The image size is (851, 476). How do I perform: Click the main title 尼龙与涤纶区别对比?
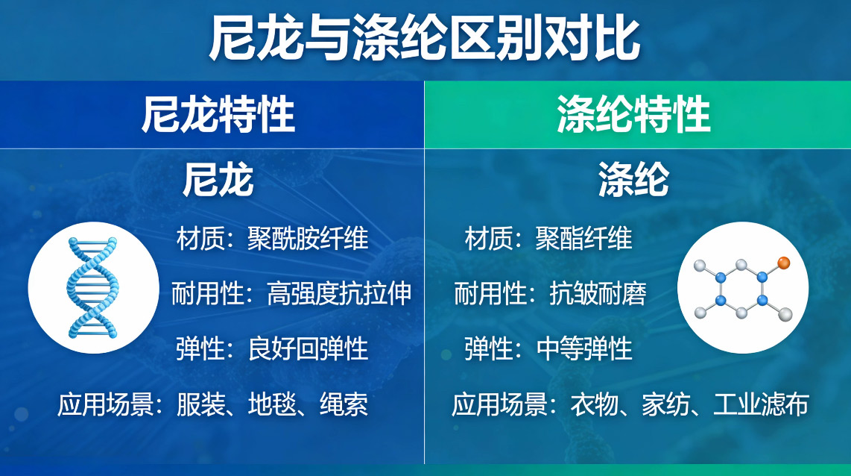[x=425, y=38]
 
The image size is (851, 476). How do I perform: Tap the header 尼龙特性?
[x=218, y=115]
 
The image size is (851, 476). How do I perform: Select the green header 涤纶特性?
[x=633, y=115]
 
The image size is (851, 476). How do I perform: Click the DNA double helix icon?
[x=92, y=287]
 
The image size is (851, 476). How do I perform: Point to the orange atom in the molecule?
[x=783, y=263]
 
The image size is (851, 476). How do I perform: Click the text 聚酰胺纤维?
[x=308, y=238]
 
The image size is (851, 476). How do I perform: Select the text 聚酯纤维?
[x=584, y=238]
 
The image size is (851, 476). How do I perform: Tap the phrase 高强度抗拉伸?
[x=338, y=293]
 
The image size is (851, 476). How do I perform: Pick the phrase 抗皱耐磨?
[x=598, y=293]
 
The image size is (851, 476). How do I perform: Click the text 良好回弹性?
[x=308, y=349]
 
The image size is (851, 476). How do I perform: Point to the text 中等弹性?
[x=584, y=349]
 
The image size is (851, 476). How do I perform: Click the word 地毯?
[x=272, y=404]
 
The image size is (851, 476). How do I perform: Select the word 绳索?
[x=344, y=404]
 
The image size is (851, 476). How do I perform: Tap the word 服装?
[x=200, y=404]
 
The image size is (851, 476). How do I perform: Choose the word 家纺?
[x=666, y=404]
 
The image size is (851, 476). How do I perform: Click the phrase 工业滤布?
[x=761, y=404]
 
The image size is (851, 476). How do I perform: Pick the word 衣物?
[x=595, y=404]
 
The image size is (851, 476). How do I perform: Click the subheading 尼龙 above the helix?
[x=218, y=180]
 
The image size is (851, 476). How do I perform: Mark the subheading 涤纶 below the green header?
[x=633, y=180]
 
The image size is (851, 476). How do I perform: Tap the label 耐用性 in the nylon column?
[x=207, y=293]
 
